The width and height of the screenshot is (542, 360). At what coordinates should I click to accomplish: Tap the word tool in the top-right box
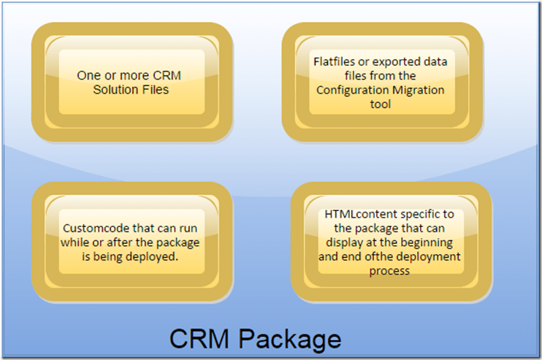pyautogui.click(x=381, y=104)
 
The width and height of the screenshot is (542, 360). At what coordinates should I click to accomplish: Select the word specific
pyautogui.click(x=419, y=214)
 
